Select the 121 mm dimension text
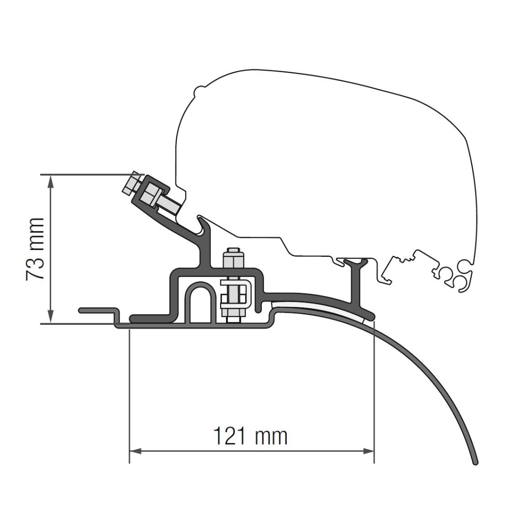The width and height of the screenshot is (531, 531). [250, 436]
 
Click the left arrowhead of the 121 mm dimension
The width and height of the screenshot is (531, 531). [135, 451]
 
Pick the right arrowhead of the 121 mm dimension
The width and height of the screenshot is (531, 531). [368, 451]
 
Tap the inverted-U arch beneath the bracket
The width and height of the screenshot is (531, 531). [200, 288]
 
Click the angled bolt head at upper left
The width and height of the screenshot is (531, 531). [131, 183]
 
